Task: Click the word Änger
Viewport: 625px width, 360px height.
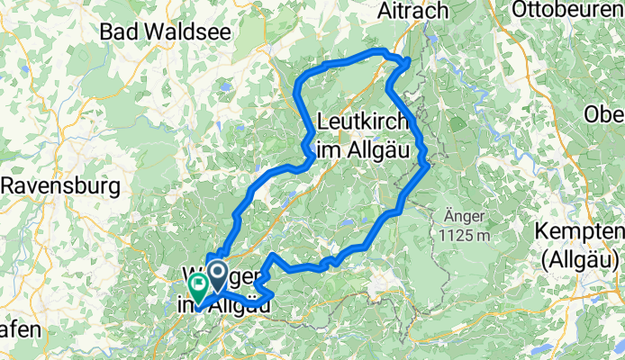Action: click(465, 217)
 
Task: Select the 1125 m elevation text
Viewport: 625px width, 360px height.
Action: click(464, 236)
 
